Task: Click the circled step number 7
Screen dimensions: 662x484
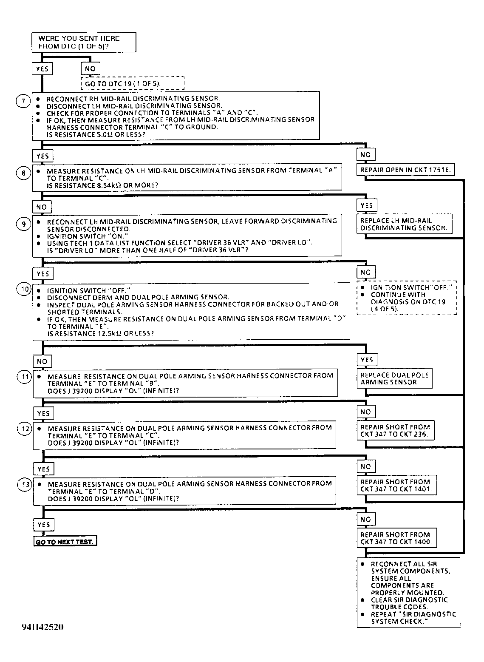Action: click(23, 101)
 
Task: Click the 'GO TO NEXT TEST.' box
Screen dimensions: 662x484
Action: click(65, 542)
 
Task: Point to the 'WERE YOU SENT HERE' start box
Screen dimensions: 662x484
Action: click(84, 42)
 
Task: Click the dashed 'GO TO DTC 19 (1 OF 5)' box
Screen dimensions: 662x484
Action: click(133, 83)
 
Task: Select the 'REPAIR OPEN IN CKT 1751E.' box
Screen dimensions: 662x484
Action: click(405, 170)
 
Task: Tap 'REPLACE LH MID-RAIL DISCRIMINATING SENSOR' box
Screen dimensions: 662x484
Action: click(404, 224)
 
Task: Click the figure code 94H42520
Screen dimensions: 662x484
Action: click(43, 627)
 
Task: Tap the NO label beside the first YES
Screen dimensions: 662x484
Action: click(90, 68)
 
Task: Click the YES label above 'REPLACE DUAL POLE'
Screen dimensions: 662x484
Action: click(366, 360)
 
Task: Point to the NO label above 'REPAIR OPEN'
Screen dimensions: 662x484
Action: click(365, 155)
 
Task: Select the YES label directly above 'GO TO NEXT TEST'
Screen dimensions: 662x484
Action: click(43, 525)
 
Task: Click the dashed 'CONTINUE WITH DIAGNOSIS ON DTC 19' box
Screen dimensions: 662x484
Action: click(407, 298)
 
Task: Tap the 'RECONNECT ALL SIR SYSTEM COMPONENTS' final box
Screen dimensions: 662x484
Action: click(408, 592)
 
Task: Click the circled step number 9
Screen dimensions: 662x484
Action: click(24, 224)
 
